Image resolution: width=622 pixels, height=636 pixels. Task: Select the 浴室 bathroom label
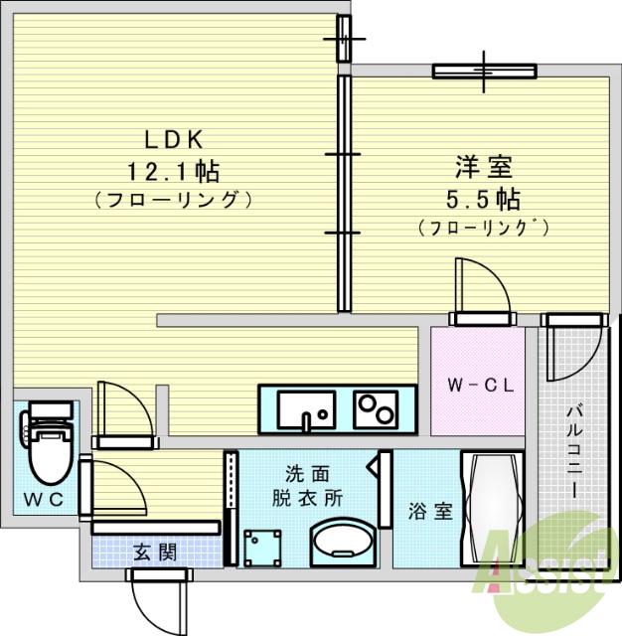[x=430, y=512]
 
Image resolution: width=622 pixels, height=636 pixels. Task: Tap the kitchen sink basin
[x=306, y=408]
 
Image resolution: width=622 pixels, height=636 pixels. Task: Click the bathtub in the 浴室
[x=495, y=509]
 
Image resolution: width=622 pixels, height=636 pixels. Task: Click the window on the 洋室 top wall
[x=484, y=71]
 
